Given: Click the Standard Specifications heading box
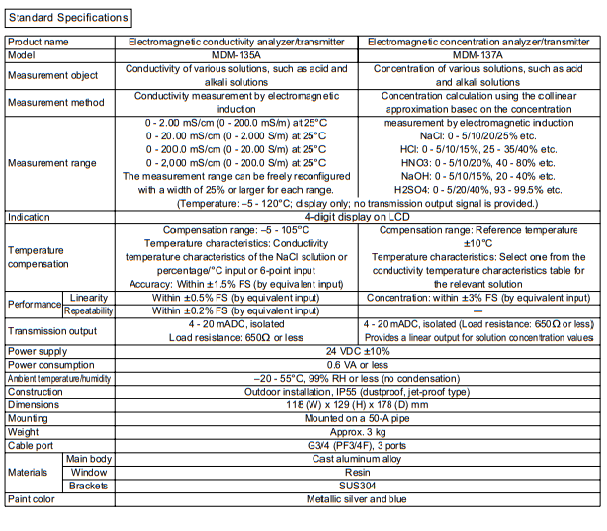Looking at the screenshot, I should pos(68,17).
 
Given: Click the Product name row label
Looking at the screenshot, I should pos(40,43).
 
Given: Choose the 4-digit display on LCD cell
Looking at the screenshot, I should pos(358,216).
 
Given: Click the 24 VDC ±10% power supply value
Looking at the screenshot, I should pos(358,350).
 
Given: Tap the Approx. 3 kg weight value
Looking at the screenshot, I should pos(358,432).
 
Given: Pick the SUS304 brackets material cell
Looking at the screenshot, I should pos(358,487).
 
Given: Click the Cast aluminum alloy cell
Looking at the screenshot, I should pos(358,459).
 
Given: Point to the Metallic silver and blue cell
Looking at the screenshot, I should pos(358,500).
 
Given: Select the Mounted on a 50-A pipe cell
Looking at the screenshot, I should pos(358,418).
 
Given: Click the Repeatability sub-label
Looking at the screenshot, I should pos(89,310).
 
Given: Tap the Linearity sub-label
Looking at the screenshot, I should pos(89,297).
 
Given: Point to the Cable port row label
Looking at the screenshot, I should pos(34,445).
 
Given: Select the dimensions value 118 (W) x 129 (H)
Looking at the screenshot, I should pos(358,404).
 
